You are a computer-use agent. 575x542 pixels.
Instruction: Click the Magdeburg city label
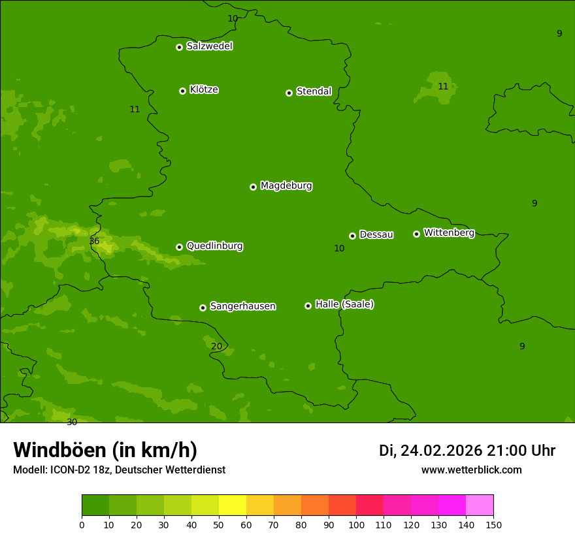pyautogui.click(x=286, y=186)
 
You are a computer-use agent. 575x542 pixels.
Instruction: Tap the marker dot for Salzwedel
pyautogui.click(x=179, y=47)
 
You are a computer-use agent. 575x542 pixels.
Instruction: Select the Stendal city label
pyautogui.click(x=314, y=91)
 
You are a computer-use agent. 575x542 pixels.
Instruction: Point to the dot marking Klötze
pyautogui.click(x=182, y=91)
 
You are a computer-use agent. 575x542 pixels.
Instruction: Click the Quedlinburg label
pyautogui.click(x=214, y=246)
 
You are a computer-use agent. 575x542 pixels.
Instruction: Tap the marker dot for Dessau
pyautogui.click(x=352, y=236)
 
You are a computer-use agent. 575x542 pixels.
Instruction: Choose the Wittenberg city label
pyautogui.click(x=449, y=232)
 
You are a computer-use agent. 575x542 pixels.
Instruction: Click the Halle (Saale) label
pyautogui.click(x=344, y=304)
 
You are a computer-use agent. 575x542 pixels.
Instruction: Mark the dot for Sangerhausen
pyautogui.click(x=203, y=308)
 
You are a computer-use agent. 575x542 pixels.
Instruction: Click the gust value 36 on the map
pyautogui.click(x=94, y=242)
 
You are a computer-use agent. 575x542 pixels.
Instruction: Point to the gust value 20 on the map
pyautogui.click(x=217, y=346)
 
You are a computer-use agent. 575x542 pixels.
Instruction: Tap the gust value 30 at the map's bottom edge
pyautogui.click(x=72, y=422)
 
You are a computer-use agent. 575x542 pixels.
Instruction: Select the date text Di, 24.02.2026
pyautogui.click(x=430, y=451)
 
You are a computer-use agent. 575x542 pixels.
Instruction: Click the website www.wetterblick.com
pyautogui.click(x=471, y=470)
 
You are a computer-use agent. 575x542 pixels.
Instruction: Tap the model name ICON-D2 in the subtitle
pyautogui.click(x=73, y=470)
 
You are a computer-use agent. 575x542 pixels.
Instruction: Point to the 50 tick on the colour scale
pyautogui.click(x=219, y=524)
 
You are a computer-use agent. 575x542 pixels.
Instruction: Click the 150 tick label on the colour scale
pyautogui.click(x=493, y=524)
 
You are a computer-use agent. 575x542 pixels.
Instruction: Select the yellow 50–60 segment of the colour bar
pyautogui.click(x=233, y=505)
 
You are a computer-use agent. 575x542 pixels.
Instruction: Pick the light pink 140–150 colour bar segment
pyautogui.click(x=480, y=505)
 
